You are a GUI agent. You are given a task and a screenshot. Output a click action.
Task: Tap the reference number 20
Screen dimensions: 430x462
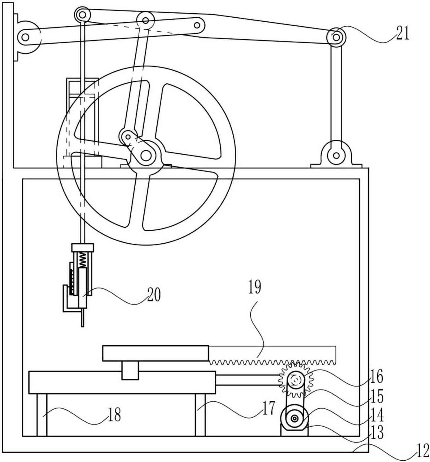point(154,294)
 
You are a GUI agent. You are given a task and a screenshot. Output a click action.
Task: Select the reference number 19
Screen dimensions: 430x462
point(255,287)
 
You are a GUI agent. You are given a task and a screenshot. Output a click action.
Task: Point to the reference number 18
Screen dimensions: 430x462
point(114,415)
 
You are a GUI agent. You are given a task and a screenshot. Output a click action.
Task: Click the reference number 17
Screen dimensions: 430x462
point(269,408)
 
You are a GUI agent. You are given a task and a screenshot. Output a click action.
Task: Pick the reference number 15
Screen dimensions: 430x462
point(377,397)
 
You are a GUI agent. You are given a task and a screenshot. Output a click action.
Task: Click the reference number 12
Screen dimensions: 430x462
point(422,451)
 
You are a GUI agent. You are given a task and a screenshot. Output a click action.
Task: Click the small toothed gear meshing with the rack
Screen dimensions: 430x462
point(296,380)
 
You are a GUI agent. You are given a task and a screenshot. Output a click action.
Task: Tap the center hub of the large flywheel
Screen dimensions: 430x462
point(146,156)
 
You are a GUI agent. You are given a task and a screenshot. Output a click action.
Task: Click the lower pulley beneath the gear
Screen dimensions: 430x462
point(294,418)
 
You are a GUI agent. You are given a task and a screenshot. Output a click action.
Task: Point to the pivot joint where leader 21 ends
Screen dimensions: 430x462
point(336,37)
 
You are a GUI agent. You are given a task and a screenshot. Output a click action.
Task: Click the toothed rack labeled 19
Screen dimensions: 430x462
point(272,355)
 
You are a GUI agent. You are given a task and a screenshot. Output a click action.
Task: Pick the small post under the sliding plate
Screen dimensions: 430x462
point(130,370)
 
